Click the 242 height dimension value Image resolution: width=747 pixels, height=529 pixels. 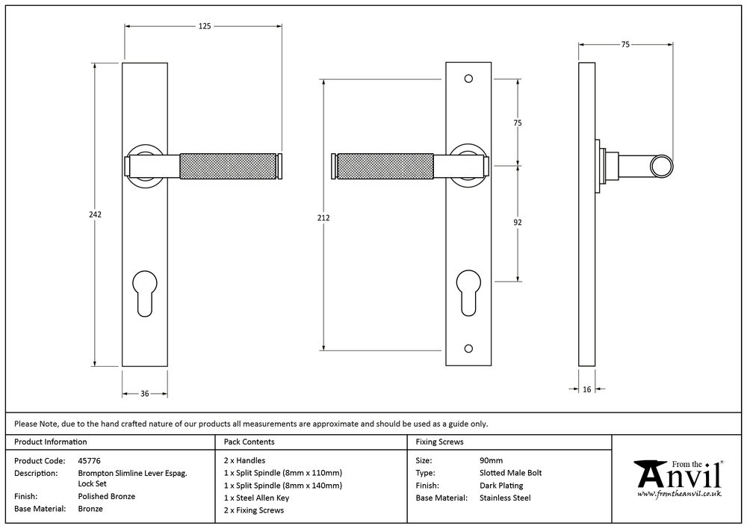[x=94, y=214]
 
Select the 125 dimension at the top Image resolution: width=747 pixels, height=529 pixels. [x=204, y=26]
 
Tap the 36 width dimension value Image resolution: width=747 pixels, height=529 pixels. [x=145, y=394]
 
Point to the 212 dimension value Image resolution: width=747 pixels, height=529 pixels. [x=323, y=218]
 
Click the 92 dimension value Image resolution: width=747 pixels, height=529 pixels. [x=517, y=223]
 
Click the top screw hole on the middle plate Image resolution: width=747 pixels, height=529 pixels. [x=468, y=78]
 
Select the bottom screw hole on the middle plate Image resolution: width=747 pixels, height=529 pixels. [x=468, y=348]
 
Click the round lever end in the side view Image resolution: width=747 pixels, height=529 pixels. [x=661, y=166]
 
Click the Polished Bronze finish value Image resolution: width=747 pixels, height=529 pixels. [x=107, y=496]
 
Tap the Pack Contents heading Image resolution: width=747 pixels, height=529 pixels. [x=249, y=442]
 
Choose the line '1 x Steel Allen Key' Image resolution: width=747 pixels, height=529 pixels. [x=256, y=497]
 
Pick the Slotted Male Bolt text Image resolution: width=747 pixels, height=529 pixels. [x=510, y=473]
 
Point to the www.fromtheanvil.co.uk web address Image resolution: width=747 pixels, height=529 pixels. [x=678, y=494]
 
